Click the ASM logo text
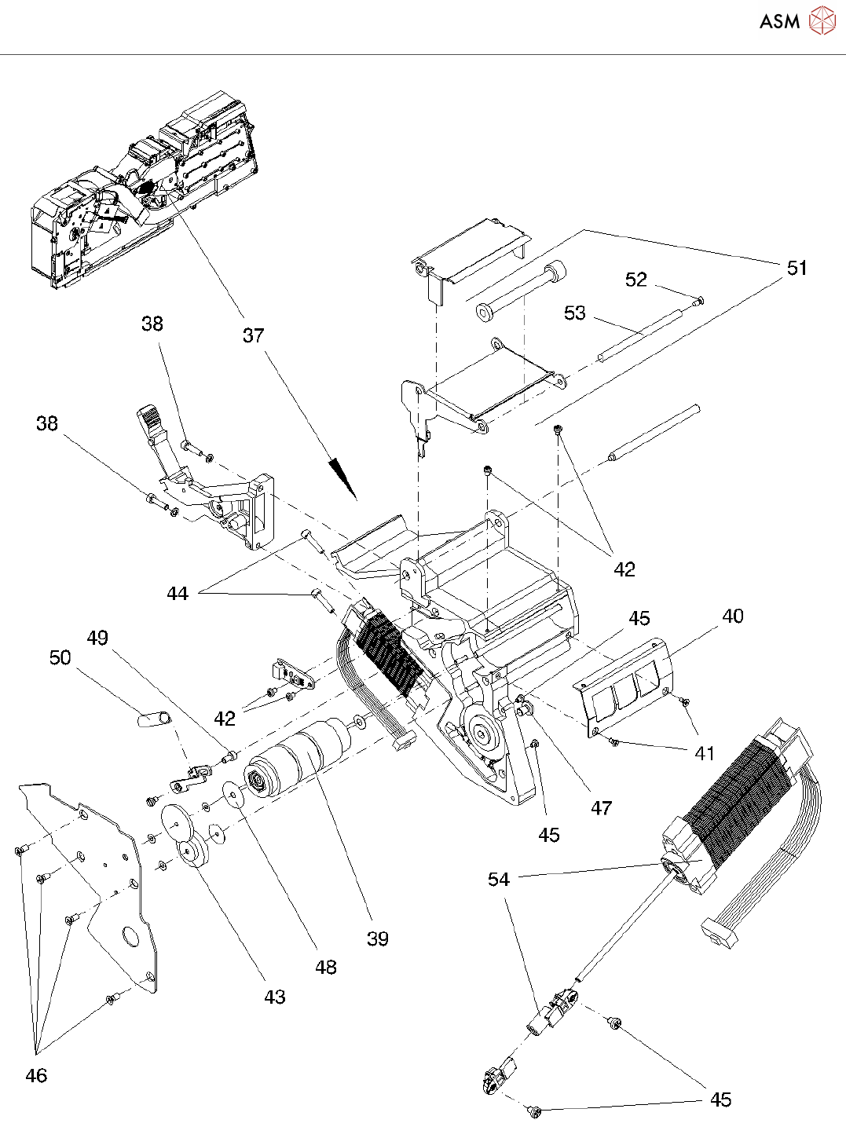[779, 21]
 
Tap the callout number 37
[253, 335]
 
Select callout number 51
[797, 268]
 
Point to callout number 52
[635, 280]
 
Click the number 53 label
[574, 313]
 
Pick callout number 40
[733, 616]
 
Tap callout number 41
[705, 753]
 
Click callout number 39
[377, 939]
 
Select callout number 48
[325, 968]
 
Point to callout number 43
[275, 997]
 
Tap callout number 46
[36, 1075]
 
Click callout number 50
[60, 658]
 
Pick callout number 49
[97, 638]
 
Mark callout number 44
[177, 594]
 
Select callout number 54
[499, 880]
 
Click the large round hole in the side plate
[130, 935]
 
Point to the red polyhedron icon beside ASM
[822, 20]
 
